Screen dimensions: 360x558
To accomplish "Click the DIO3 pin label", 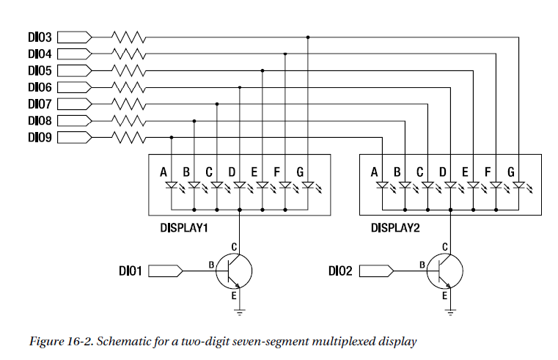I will pos(40,36).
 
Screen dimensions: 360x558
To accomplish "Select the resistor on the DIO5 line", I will pos(130,70).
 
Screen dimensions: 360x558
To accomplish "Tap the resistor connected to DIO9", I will pos(130,136).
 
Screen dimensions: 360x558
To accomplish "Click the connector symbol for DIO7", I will pos(74,103).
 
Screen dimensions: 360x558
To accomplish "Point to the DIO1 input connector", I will pos(166,271).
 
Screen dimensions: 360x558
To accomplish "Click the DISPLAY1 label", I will pos(185,228).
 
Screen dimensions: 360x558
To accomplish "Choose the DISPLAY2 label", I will pos(395,228).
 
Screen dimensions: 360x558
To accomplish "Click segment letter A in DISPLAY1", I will pos(164,172).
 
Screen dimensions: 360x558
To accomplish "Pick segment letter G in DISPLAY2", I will pos(511,172).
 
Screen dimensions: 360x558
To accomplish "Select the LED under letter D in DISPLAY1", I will pos(239,185).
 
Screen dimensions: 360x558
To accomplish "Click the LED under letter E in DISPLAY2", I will pos(472,185).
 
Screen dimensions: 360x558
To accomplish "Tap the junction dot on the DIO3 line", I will pos(308,36).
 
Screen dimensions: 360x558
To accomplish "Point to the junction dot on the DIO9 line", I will pos(171,136).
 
